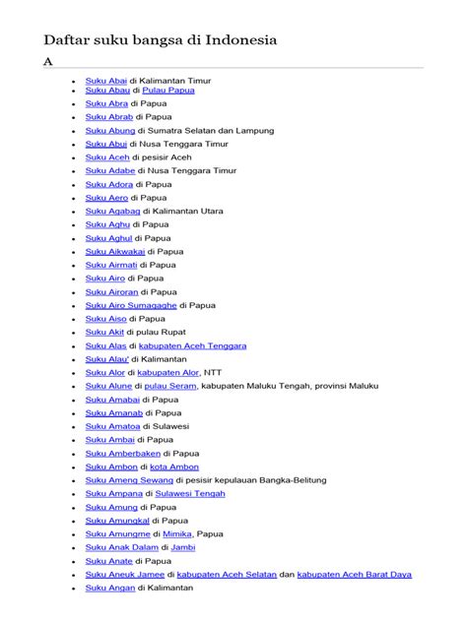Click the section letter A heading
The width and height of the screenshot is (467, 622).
pos(46,61)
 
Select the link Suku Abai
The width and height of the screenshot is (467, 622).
pos(106,80)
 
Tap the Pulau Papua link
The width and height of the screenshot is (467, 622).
pos(168,90)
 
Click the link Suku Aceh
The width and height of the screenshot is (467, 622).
pos(106,157)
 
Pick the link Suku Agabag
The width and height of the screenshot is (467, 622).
pos(112,211)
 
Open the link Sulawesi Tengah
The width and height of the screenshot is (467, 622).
pos(191,493)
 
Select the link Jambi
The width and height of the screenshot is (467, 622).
pos(183,547)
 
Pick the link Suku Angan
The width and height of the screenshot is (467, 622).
pos(109,588)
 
